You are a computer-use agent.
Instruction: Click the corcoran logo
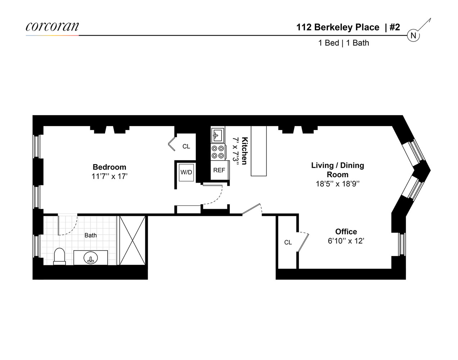click(52, 27)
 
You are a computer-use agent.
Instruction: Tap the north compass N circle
click(413, 35)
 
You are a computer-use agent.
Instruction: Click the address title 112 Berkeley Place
click(337, 27)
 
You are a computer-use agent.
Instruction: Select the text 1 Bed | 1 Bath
click(344, 43)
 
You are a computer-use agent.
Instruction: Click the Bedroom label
click(109, 167)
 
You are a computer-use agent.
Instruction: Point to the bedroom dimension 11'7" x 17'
click(109, 176)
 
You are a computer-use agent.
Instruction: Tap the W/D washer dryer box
click(186, 172)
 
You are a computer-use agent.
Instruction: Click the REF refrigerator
click(219, 170)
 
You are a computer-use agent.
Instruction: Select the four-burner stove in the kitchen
click(218, 152)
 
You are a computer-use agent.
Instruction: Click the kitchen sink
click(217, 135)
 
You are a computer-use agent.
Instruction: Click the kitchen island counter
click(259, 151)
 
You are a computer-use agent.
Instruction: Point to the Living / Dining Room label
click(337, 170)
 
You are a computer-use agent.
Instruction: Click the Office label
click(346, 232)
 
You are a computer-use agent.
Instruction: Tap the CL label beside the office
click(288, 243)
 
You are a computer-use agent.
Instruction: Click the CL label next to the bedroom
click(186, 147)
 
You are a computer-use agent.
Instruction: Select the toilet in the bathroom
click(60, 256)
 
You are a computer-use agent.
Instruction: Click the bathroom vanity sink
click(91, 258)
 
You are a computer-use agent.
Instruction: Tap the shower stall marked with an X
click(132, 240)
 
